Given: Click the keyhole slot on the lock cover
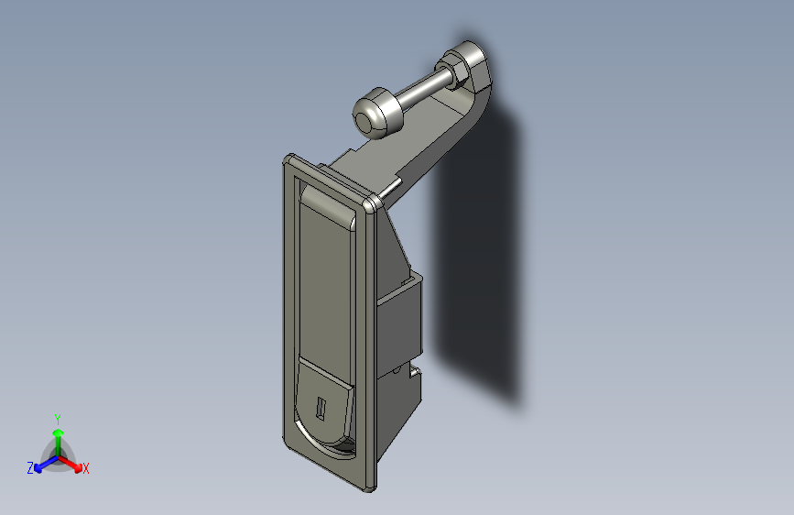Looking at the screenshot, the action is point(321,409).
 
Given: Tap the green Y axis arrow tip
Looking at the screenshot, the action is point(59,433).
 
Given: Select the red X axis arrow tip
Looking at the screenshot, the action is point(78,468).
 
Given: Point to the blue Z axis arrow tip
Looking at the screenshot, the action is point(38,468).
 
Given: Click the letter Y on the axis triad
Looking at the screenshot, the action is point(58,420).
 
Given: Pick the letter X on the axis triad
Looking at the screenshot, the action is point(85,468).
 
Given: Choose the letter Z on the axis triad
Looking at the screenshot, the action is point(30,468).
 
